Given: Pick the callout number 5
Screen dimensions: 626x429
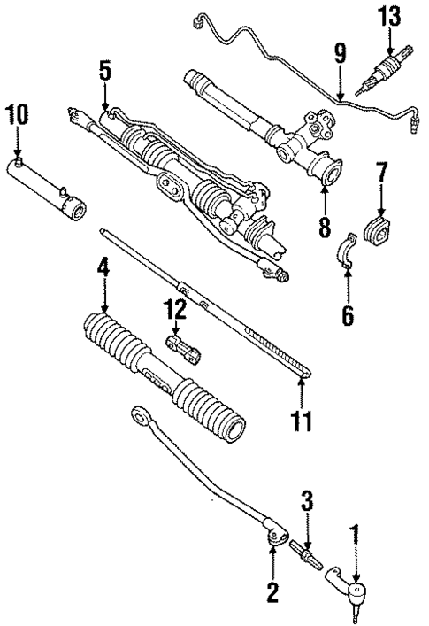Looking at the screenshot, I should [105, 71].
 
